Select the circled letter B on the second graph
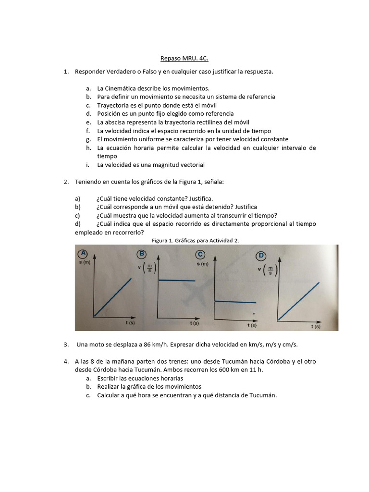pos(142,254)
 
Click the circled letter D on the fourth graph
pos(261,255)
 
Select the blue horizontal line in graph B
pos(177,280)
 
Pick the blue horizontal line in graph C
pos(235,302)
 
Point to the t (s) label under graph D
pos(315,326)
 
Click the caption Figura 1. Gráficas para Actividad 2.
pos(195,240)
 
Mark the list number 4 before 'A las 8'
pos(65,361)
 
